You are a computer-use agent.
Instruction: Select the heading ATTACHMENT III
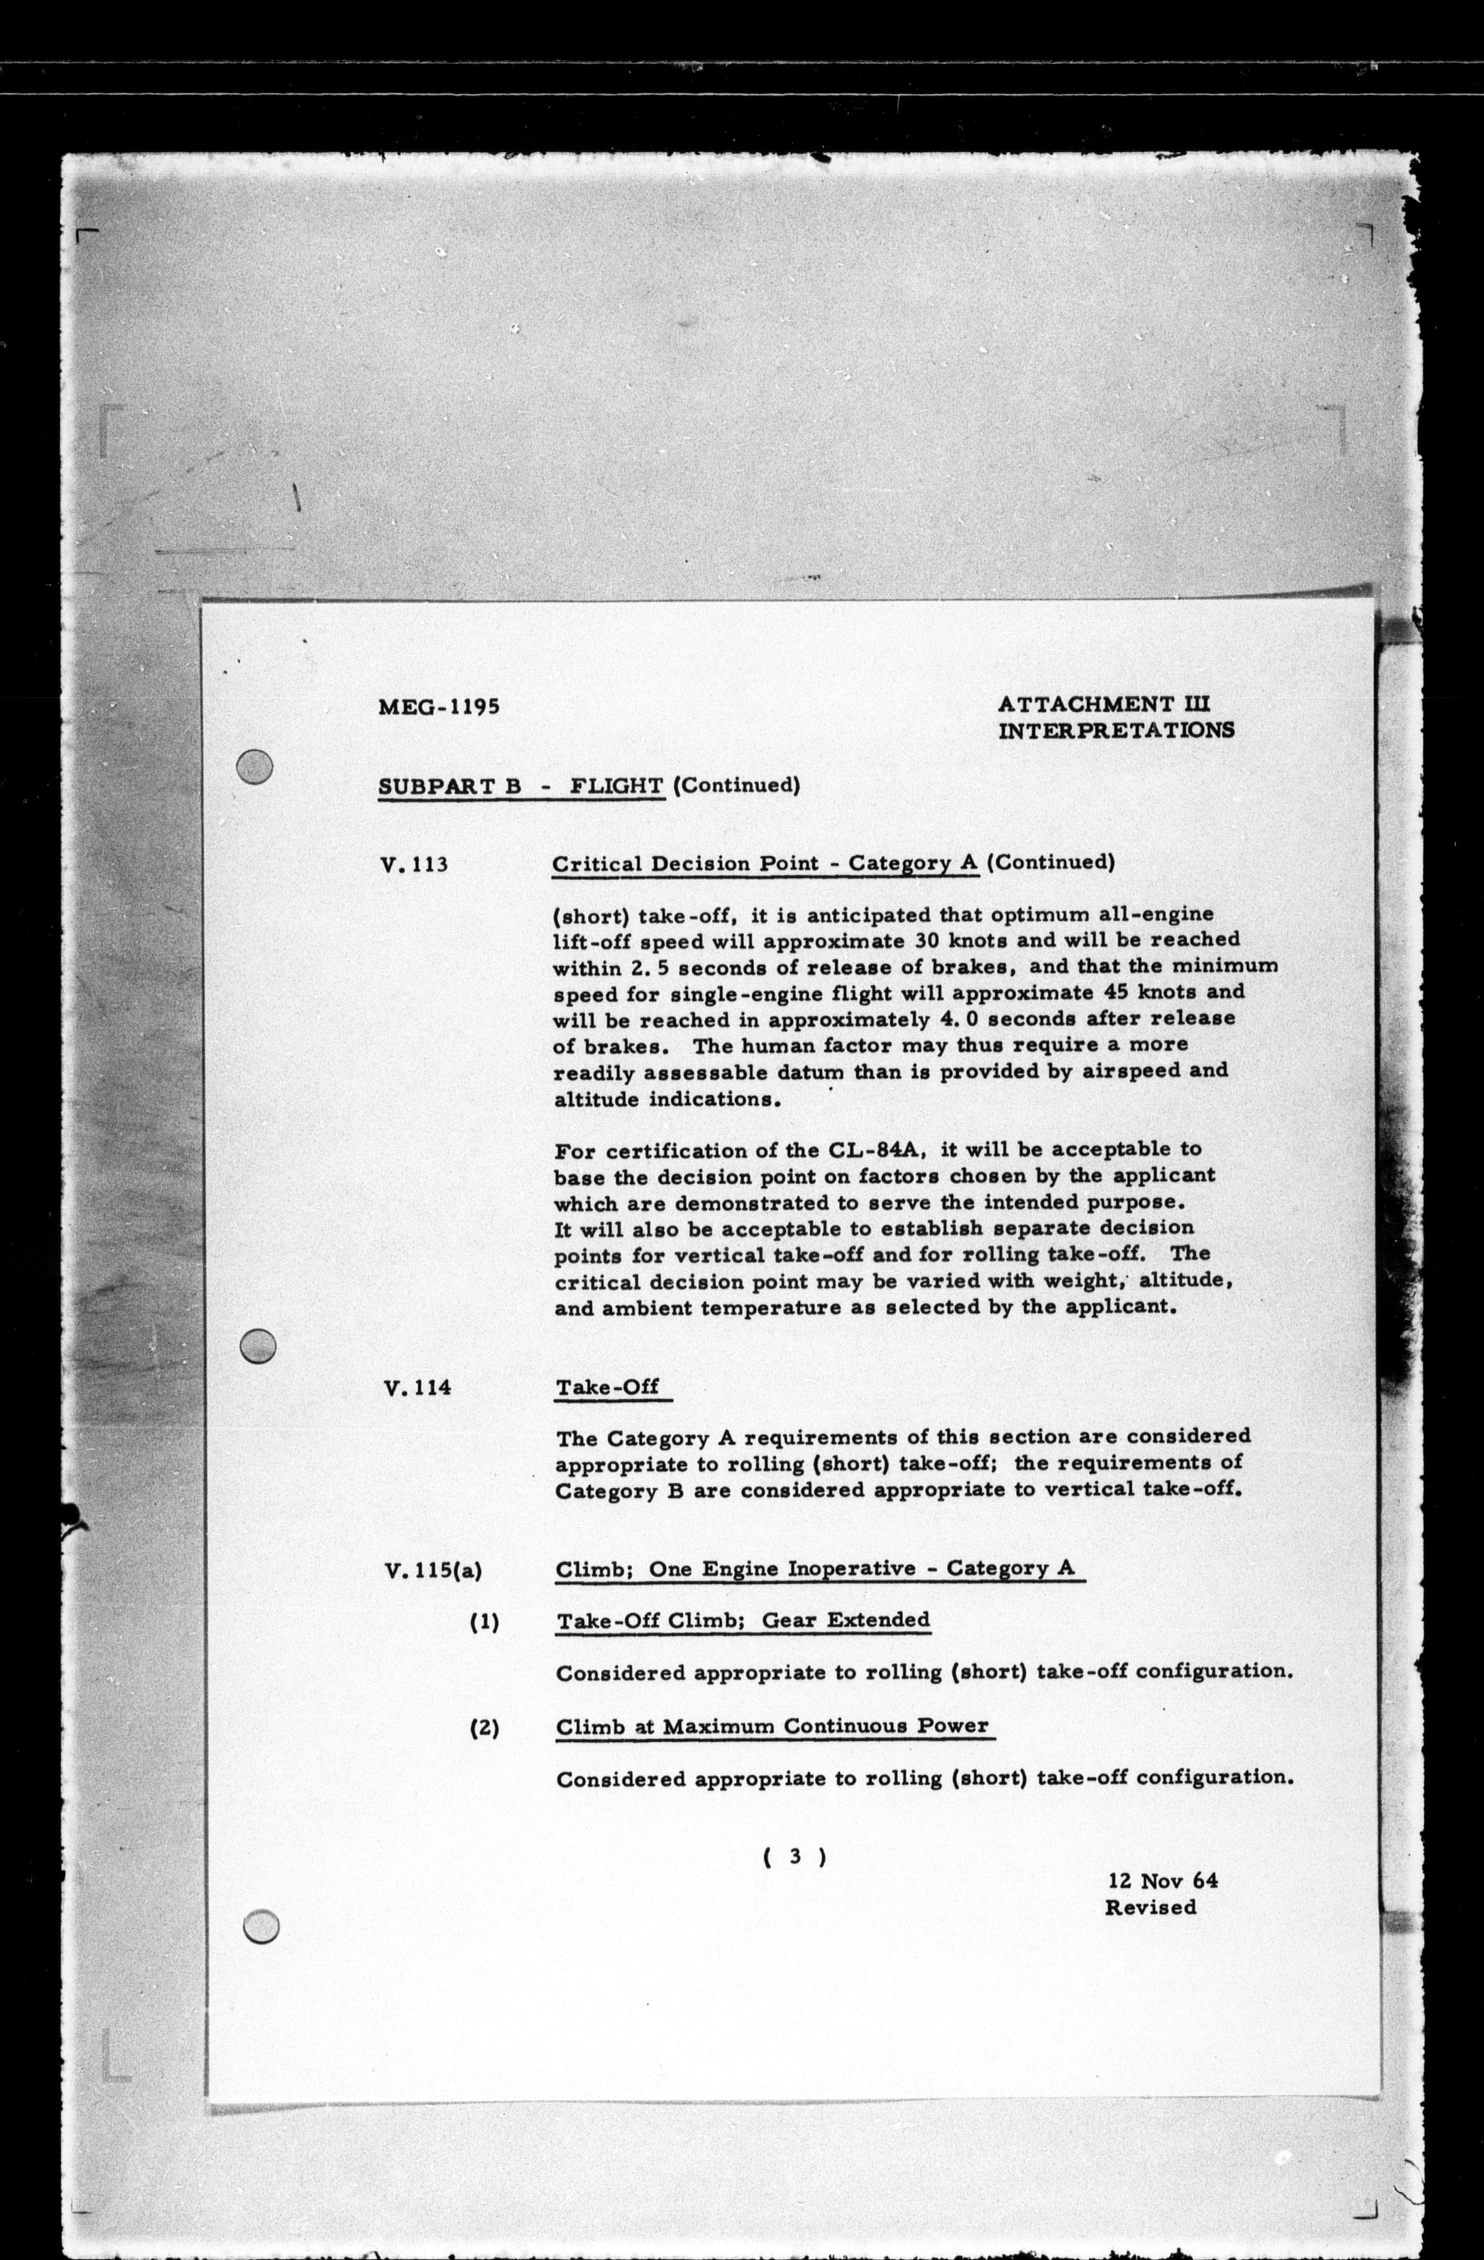[1106, 704]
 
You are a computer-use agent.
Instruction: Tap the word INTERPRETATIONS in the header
[1117, 730]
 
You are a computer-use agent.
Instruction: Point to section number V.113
[414, 865]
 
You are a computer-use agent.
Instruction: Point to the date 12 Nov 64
[1162, 1880]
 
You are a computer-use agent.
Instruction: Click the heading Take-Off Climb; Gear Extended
[743, 1620]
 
